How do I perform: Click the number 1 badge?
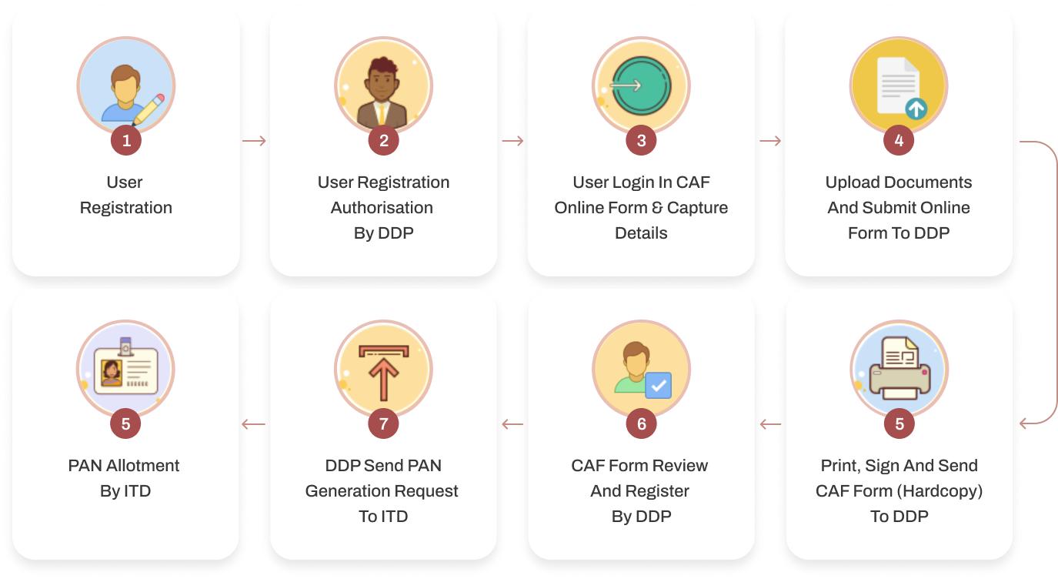126,140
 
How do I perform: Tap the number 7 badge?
383,423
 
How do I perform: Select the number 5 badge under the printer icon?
899,423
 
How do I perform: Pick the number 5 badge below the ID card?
125,423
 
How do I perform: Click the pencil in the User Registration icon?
149,109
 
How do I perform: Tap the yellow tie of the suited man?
381,114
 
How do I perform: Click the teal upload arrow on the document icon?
916,109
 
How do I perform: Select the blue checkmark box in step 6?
659,386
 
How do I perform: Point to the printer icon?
899,368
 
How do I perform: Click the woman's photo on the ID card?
112,373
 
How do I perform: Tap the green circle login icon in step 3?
641,86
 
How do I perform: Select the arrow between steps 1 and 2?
254,141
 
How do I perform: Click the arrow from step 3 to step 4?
770,141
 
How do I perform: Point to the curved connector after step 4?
1056,281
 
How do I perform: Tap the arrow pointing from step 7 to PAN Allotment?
254,424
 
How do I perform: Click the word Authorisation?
382,207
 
